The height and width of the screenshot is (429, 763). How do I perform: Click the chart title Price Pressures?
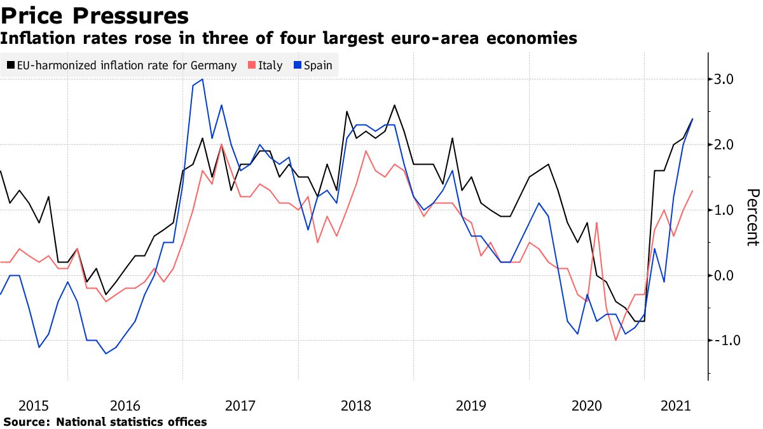point(95,15)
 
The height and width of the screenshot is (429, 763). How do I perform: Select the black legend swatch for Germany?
point(11,65)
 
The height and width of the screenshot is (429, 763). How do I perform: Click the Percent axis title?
point(752,217)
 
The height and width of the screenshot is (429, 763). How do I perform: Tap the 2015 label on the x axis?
point(34,405)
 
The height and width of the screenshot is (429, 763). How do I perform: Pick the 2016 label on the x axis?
point(125,405)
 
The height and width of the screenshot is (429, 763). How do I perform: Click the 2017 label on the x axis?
point(240,405)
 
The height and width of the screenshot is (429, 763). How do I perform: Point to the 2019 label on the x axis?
point(471,405)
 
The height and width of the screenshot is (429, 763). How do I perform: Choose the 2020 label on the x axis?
point(586,405)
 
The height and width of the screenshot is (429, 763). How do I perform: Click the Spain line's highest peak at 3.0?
point(202,79)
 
